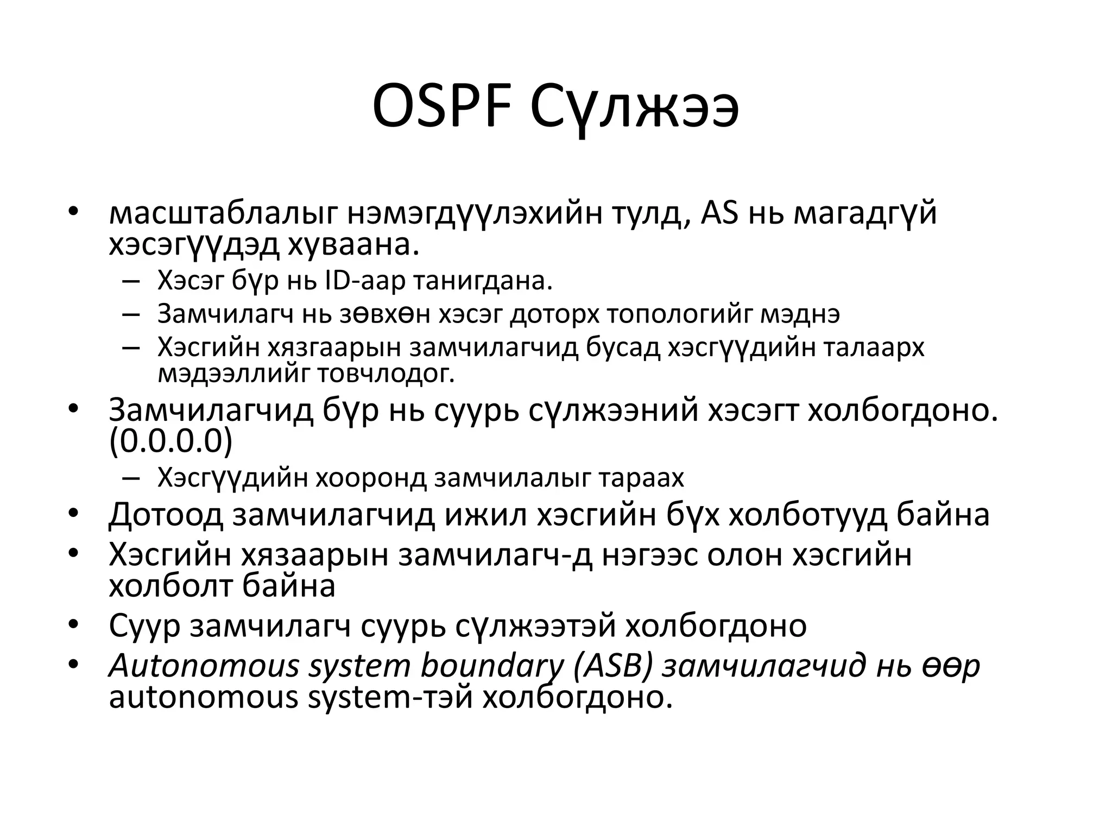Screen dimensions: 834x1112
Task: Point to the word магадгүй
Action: (865, 213)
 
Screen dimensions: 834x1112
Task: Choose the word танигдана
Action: (483, 281)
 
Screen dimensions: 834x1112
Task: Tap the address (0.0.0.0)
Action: (170, 442)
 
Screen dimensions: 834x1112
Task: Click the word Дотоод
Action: (166, 515)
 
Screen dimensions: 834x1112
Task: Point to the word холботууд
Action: (807, 515)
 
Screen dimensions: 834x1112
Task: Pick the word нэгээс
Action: (649, 555)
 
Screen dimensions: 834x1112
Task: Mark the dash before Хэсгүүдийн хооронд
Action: (131, 478)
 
